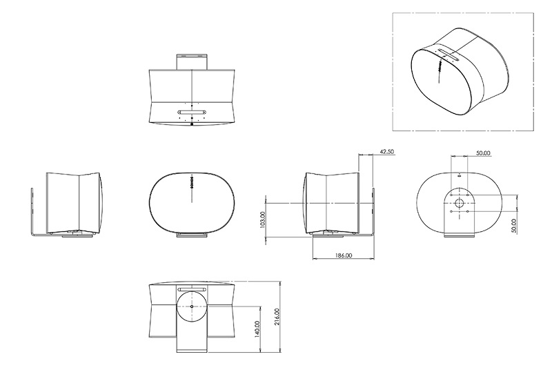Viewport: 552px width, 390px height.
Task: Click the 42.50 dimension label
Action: [387, 152]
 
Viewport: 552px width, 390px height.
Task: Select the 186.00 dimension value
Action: [344, 255]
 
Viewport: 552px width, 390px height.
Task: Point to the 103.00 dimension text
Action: [262, 220]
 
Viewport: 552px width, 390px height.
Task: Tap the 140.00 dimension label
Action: [257, 329]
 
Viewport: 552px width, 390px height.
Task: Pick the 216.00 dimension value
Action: [277, 316]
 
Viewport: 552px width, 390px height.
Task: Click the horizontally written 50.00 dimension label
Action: [483, 153]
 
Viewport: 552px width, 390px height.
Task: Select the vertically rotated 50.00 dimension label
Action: [513, 226]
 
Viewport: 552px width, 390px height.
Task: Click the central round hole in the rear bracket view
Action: [459, 203]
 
